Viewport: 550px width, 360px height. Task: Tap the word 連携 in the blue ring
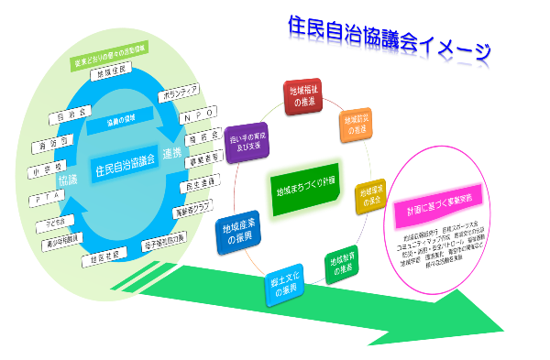click(173, 152)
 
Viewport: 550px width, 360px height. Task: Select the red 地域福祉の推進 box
click(302, 96)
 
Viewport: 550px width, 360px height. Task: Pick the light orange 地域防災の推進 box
click(356, 124)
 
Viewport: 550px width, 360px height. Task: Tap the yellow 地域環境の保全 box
click(370, 195)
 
